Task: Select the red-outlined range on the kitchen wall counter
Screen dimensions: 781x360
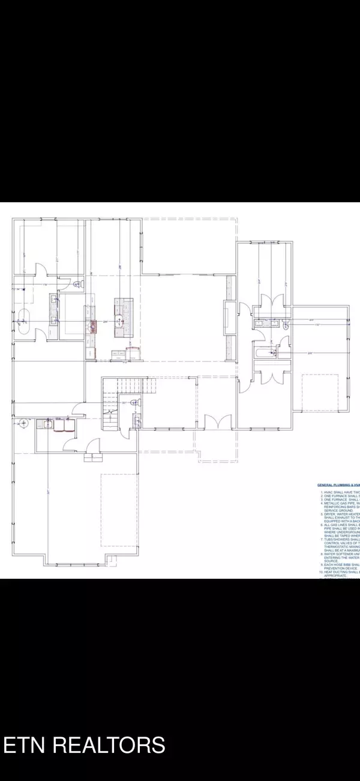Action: (94, 326)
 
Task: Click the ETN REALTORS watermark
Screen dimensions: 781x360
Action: (85, 744)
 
